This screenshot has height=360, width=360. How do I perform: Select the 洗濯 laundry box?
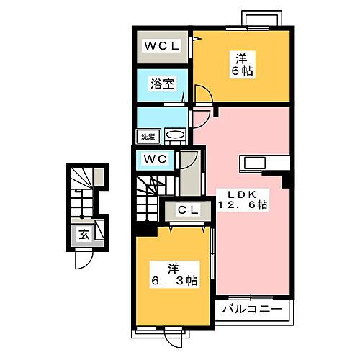148,134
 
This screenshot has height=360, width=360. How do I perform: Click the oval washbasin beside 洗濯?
174,135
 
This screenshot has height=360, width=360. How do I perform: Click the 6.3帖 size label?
172,280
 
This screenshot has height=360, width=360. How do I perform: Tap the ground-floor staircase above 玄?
84,191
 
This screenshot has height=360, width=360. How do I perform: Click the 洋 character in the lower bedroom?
173,268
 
